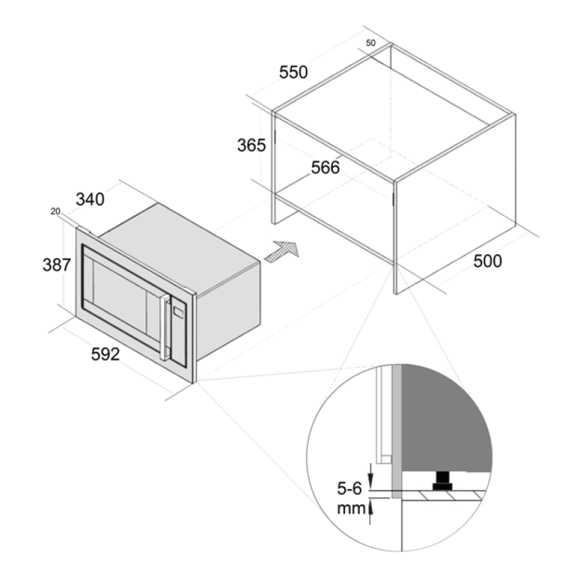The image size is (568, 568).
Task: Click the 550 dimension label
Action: (x=293, y=72)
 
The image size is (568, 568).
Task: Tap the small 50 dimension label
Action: (x=371, y=43)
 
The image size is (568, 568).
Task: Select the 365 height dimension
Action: (x=251, y=146)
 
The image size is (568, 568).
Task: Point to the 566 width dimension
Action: (x=325, y=168)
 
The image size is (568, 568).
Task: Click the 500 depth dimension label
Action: (x=488, y=261)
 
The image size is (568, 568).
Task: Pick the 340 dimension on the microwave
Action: (x=90, y=200)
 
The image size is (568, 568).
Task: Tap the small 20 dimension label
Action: (x=55, y=211)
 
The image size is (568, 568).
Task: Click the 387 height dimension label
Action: (x=57, y=265)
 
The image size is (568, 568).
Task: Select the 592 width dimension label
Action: (x=105, y=354)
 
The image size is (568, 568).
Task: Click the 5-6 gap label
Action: (x=349, y=488)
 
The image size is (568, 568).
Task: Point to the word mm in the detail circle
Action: (x=351, y=508)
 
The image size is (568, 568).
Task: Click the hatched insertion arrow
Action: (x=282, y=251)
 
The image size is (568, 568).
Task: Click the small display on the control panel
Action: (x=179, y=311)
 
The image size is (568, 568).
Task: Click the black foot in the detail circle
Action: (x=442, y=481)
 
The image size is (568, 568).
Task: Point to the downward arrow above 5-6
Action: (x=370, y=475)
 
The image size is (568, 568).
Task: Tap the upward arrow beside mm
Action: (x=370, y=511)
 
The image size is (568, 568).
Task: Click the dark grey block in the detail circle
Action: (x=445, y=417)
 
